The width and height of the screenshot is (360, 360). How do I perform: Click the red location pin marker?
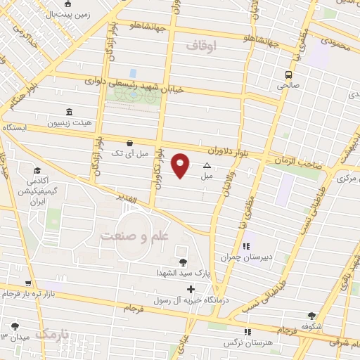point(181,165)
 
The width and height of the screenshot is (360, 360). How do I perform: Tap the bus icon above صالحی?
point(288,75)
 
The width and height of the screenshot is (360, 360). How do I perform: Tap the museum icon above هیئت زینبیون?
point(69,112)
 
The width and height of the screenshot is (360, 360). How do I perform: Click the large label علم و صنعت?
point(134,236)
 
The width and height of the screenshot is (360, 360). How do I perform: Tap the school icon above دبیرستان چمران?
point(246,247)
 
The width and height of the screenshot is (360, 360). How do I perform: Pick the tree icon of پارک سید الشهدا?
point(183,262)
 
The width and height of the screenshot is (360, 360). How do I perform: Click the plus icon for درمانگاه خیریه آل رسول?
point(191,289)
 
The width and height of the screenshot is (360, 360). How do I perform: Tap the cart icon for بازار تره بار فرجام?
point(27,283)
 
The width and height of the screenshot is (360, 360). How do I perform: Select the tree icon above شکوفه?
point(311,316)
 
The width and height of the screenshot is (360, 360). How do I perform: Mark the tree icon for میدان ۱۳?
point(15,326)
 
